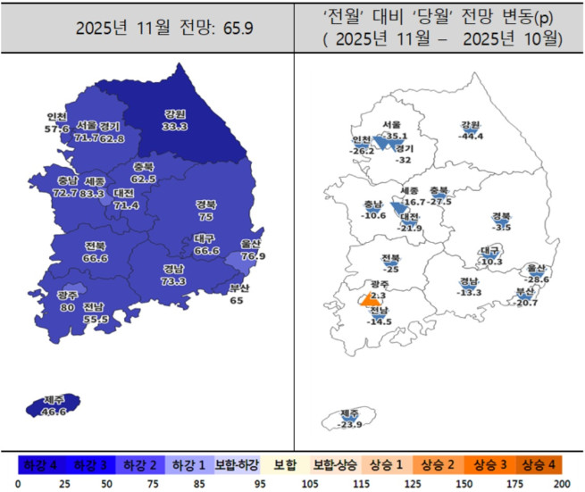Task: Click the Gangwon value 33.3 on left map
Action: tap(175, 127)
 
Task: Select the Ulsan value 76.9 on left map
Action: tap(253, 255)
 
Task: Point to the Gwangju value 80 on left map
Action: tap(67, 306)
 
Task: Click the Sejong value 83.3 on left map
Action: tap(92, 193)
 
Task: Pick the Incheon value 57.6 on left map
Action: tap(56, 129)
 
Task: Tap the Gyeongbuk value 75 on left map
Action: tap(205, 216)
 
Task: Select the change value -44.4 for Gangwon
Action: tap(471, 136)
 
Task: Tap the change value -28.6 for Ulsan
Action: tap(538, 279)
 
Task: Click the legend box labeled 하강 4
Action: tap(40, 465)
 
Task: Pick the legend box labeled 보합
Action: tap(287, 465)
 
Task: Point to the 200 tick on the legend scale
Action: tap(560, 483)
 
